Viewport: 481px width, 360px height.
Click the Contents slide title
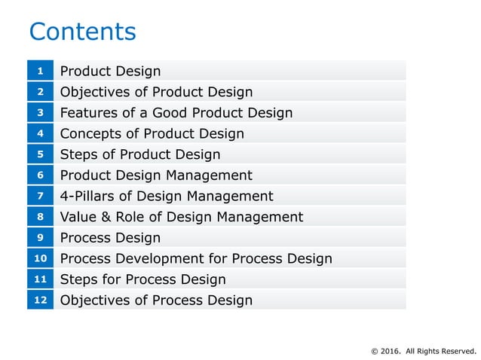pos(82,32)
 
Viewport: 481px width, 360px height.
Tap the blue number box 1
pos(40,71)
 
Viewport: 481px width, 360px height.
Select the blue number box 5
pos(40,154)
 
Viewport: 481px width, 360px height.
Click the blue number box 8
pos(40,217)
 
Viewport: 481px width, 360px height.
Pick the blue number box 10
pos(40,258)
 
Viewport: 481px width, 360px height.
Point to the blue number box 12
pos(40,300)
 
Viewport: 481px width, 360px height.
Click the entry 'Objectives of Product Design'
pos(156,92)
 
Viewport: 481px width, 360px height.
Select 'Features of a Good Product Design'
pos(176,113)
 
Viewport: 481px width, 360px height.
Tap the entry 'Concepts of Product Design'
pos(152,133)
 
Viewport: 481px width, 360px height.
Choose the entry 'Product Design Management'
pos(156,175)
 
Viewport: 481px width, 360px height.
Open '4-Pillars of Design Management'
pos(166,196)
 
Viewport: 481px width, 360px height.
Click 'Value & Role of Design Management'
pos(181,217)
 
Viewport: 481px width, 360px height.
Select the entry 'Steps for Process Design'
pos(142,279)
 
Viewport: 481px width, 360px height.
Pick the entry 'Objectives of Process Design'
pos(156,301)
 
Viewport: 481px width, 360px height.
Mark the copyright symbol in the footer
pos(375,350)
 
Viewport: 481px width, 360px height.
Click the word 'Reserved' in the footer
pos(459,350)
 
